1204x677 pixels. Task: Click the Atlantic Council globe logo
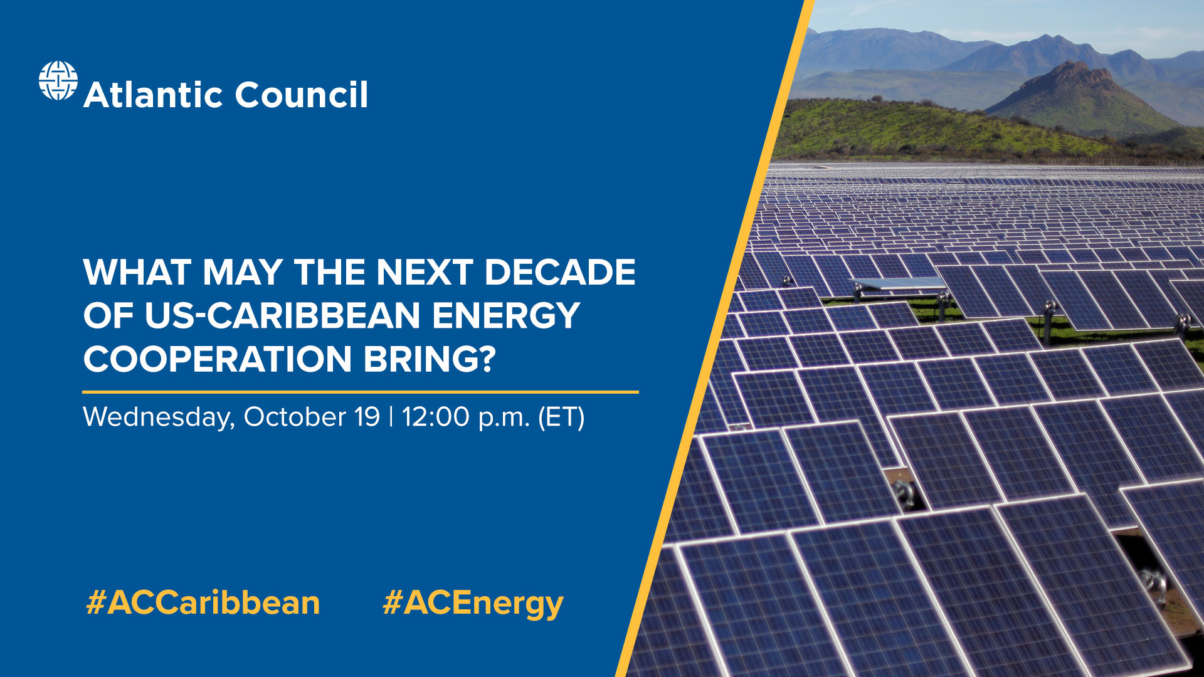click(58, 81)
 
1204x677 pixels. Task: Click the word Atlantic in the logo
click(153, 95)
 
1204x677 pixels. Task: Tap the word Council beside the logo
click(301, 95)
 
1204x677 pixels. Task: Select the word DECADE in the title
click(559, 272)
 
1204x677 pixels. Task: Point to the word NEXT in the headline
click(424, 272)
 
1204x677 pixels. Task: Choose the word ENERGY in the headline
click(505, 315)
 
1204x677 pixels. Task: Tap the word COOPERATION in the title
click(217, 359)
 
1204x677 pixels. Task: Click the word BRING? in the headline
click(430, 359)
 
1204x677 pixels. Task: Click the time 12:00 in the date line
click(435, 417)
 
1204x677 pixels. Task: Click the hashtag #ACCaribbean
click(203, 603)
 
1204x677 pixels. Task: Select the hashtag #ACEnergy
click(473, 604)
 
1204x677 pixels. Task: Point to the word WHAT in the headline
click(137, 272)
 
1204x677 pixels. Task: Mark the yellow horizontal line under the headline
click(361, 392)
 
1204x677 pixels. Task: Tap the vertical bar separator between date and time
click(391, 417)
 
